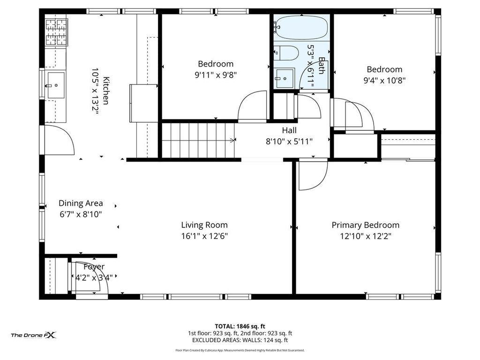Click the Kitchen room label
[x=106, y=90]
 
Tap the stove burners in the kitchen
[x=57, y=32]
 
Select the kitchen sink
[x=55, y=85]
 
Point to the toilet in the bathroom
[x=286, y=53]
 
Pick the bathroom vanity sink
[x=285, y=79]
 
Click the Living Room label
[x=204, y=225]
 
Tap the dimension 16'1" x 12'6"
[x=204, y=236]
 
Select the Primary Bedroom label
[x=366, y=225]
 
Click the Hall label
[x=289, y=130]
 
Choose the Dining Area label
[x=81, y=203]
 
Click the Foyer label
[x=94, y=267]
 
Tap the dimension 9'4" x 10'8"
[x=384, y=81]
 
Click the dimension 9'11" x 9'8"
[x=216, y=75]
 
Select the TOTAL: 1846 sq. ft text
[x=240, y=326]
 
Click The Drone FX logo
[x=34, y=335]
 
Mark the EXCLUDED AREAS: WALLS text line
[x=240, y=340]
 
